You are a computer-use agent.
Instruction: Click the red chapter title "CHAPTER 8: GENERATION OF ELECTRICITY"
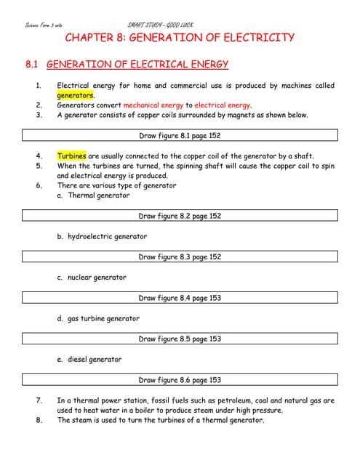[x=180, y=38]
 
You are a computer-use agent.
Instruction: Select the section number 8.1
[x=31, y=65]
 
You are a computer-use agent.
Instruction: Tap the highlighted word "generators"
[x=76, y=95]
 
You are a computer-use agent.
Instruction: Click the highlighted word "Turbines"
[x=72, y=155]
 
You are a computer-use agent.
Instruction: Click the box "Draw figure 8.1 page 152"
[x=180, y=135]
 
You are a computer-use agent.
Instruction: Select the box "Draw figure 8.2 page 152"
[x=180, y=216]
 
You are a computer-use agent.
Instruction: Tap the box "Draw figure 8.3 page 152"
[x=180, y=256]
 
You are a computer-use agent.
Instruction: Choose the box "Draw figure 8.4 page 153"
[x=180, y=298]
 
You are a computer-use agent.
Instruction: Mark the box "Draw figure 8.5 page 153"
[x=180, y=339]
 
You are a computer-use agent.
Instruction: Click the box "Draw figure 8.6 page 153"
[x=180, y=380]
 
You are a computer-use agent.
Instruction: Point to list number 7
[x=39, y=400]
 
